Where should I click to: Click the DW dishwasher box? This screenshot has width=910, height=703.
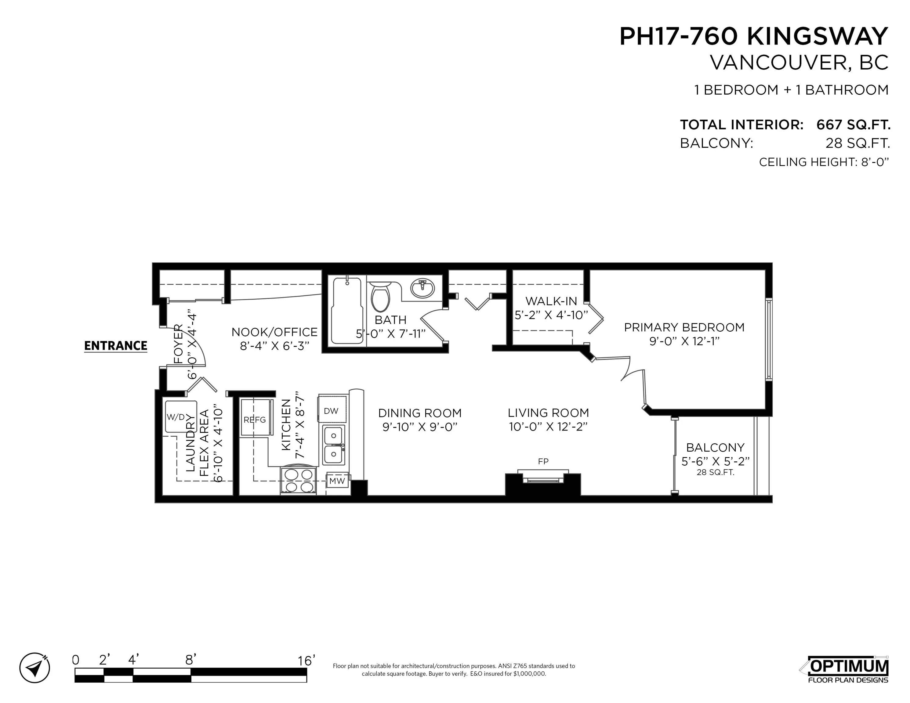tap(331, 411)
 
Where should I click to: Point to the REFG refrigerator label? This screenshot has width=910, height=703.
tap(255, 420)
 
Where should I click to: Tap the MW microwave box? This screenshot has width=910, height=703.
tap(337, 481)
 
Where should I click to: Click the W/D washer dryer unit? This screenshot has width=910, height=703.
tap(180, 417)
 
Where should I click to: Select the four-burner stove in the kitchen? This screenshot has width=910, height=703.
tap(298, 480)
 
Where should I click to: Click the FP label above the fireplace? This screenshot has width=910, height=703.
tap(543, 461)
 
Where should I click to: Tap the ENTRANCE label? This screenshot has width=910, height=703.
tap(115, 346)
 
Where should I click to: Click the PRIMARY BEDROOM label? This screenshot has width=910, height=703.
tap(684, 327)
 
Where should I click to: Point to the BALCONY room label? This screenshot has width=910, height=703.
tap(715, 448)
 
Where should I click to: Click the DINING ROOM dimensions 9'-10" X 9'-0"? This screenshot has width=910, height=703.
tap(420, 427)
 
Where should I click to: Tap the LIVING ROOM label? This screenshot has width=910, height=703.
tap(548, 413)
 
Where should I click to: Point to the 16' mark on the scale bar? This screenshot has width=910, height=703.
tap(306, 661)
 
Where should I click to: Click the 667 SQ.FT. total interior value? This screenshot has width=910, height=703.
tap(853, 124)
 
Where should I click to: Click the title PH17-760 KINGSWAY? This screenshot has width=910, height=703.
tap(753, 36)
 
